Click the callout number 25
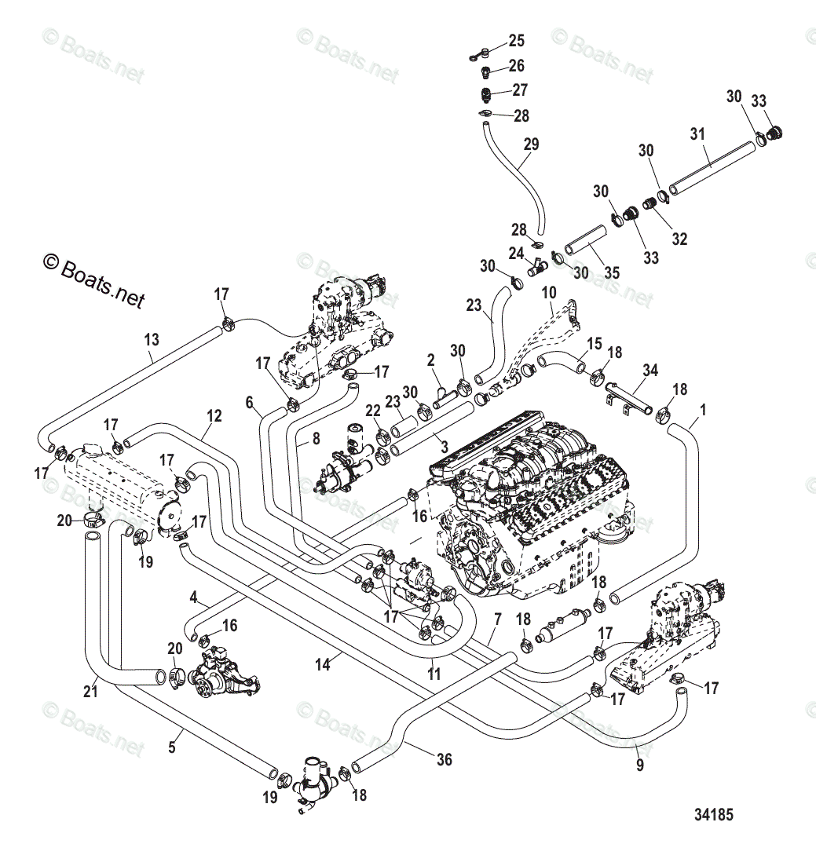click(516, 41)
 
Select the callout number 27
click(519, 90)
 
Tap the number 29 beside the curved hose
click(531, 144)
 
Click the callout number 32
click(679, 239)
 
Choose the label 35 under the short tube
click(611, 272)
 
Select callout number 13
click(151, 340)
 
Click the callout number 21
click(91, 690)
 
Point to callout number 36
click(445, 759)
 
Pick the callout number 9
click(639, 764)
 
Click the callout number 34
click(650, 370)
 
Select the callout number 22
click(372, 411)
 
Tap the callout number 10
click(549, 292)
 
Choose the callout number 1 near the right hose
click(703, 409)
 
